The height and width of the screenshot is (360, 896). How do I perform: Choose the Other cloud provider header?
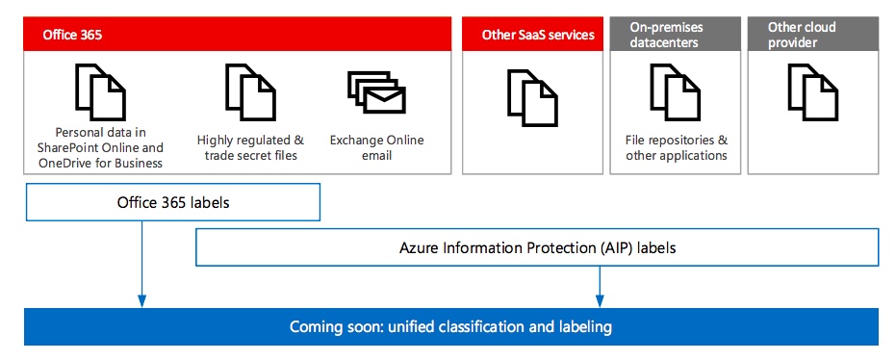coord(812,35)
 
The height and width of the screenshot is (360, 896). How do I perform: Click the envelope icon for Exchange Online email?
coord(376,96)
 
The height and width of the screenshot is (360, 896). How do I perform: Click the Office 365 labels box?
coord(172,202)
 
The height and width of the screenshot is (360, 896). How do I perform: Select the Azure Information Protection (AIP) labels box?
coord(537,247)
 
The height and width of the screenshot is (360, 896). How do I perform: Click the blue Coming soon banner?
coord(450,327)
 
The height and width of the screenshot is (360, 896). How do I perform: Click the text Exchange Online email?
coord(376,147)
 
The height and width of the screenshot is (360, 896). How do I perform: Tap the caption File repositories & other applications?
coord(676,147)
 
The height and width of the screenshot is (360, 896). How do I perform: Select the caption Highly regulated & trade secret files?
coord(250,147)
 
